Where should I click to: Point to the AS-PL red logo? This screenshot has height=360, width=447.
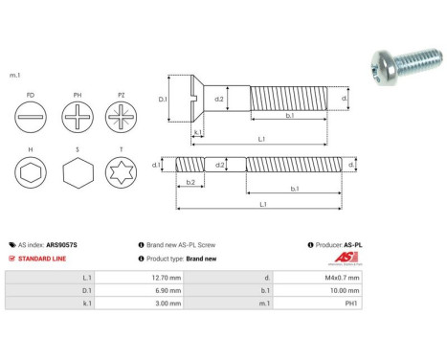pos(351,259)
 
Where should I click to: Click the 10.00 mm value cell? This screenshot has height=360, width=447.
pos(340,290)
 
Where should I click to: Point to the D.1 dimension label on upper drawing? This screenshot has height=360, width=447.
pos(162,99)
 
